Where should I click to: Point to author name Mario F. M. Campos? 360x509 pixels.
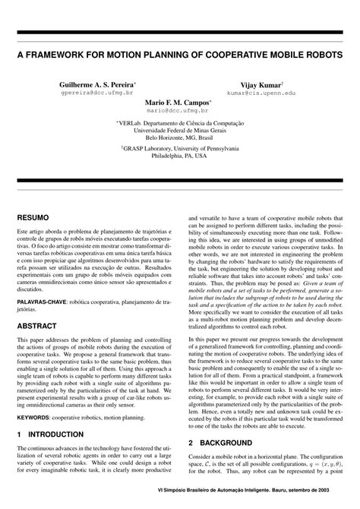(179, 101)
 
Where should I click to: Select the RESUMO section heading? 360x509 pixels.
(35, 217)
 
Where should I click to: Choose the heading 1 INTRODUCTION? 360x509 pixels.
(50, 434)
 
